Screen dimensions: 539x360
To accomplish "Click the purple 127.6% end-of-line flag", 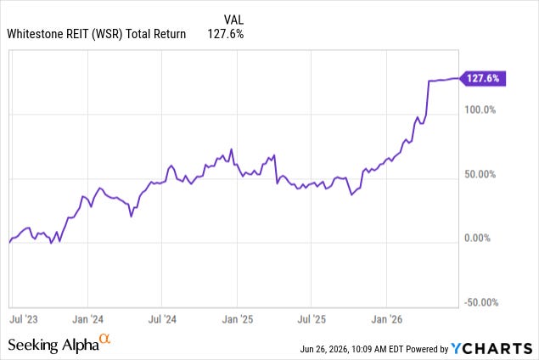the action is click(x=483, y=78).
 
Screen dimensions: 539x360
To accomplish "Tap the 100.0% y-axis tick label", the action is click(x=480, y=110).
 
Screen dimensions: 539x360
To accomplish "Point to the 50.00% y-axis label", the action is click(x=480, y=174).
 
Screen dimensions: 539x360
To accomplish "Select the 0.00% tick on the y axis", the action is click(x=478, y=238).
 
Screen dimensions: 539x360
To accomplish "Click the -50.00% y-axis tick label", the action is click(x=481, y=302).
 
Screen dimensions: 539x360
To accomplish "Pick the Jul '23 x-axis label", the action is click(x=24, y=319).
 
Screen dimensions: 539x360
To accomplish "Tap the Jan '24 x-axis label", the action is click(x=87, y=319).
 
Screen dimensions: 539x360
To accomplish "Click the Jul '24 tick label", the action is click(x=162, y=319).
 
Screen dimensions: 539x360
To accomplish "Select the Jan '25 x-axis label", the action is click(x=237, y=319).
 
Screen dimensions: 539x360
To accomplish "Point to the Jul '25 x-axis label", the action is click(x=312, y=319).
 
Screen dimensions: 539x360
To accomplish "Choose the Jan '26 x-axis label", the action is click(x=387, y=319).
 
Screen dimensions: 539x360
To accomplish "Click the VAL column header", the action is click(x=233, y=20).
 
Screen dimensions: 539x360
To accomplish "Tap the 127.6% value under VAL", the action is click(x=226, y=34).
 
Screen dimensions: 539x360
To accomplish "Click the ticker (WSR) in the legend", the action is click(x=107, y=34).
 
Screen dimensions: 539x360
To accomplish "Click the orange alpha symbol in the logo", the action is click(x=104, y=339).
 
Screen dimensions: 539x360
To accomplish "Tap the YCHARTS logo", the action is click(x=491, y=348).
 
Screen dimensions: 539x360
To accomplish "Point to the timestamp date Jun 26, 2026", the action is click(x=323, y=349).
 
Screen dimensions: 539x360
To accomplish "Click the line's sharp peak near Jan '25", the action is click(x=232, y=149).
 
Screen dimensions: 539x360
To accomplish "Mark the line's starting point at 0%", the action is click(x=9, y=243).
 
